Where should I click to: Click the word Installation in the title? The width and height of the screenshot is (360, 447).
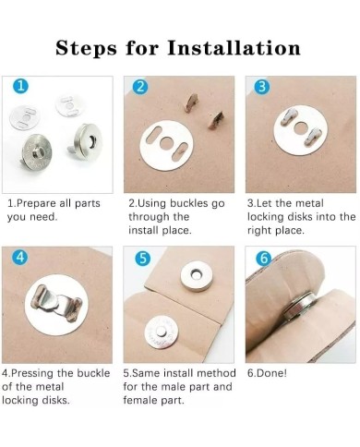[234, 48]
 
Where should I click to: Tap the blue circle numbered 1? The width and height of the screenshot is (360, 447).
[20, 86]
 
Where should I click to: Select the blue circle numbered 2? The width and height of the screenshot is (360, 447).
[140, 87]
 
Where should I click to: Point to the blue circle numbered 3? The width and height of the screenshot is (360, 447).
[262, 87]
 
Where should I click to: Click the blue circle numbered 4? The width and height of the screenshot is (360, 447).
[19, 257]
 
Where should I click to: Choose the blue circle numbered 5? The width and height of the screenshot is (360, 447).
[142, 258]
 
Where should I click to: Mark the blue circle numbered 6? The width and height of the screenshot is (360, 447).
[264, 258]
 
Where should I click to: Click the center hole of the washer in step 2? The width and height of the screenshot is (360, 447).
[167, 142]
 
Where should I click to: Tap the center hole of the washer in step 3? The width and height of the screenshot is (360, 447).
[300, 128]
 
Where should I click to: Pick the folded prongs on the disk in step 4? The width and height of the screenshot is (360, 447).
[56, 305]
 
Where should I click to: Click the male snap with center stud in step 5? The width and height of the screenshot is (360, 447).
[161, 333]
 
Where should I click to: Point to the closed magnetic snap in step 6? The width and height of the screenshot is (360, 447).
[300, 307]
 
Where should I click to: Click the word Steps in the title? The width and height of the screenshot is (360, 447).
[86, 49]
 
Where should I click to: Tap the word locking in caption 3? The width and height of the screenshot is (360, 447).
[266, 217]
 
